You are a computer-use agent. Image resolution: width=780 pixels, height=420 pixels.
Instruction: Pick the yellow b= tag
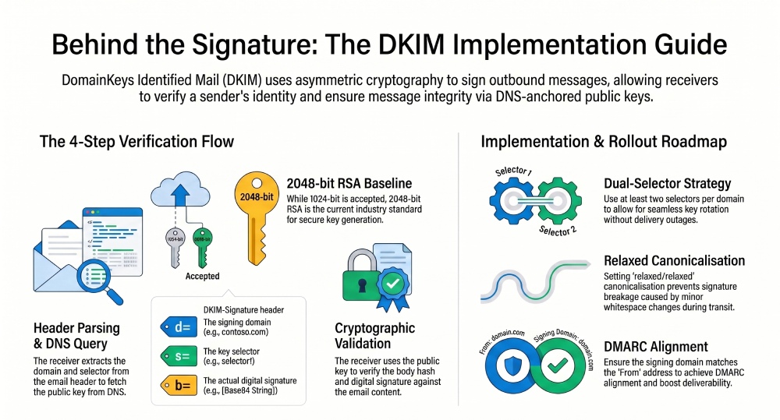(176, 384)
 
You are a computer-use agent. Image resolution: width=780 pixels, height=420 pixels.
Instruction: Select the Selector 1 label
(513, 171)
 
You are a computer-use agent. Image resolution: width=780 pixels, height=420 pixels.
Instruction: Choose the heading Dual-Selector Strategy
(667, 185)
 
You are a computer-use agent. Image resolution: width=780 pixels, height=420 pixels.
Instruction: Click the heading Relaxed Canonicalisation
(674, 260)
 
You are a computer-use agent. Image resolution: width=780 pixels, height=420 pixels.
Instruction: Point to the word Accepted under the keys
(202, 276)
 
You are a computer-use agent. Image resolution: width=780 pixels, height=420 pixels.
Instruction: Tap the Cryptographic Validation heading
(374, 335)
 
